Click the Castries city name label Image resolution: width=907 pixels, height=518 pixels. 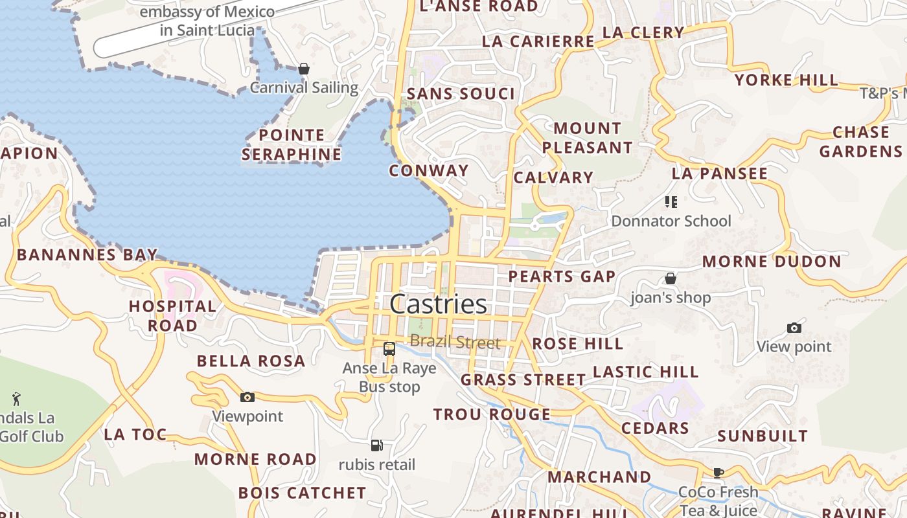(439, 304)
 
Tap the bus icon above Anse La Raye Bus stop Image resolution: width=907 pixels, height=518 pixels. (389, 349)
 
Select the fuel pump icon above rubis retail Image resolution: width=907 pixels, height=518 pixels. (377, 445)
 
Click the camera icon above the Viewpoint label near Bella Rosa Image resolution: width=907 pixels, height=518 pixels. (247, 397)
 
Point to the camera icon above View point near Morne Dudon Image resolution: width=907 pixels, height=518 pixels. (794, 328)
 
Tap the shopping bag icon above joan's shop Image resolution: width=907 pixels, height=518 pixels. (671, 278)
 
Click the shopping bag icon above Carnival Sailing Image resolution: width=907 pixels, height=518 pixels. (304, 69)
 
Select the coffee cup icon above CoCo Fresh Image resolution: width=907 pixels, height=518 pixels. (718, 473)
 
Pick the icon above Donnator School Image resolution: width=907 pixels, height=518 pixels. (671, 202)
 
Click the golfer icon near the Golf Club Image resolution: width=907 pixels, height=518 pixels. (16, 398)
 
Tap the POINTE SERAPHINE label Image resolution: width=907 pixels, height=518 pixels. (292, 144)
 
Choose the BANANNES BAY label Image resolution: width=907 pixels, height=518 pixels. (87, 254)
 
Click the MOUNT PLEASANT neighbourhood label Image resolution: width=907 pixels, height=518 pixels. (587, 138)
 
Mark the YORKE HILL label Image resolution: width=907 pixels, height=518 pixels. (786, 80)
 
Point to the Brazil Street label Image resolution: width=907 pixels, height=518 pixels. (455, 343)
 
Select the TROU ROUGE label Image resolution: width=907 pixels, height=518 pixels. (492, 414)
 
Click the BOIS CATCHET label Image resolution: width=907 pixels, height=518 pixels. (302, 493)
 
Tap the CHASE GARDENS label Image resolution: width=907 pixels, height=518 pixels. (860, 142)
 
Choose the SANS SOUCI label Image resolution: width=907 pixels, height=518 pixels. (461, 94)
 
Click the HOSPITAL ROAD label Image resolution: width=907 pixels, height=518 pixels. (172, 315)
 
